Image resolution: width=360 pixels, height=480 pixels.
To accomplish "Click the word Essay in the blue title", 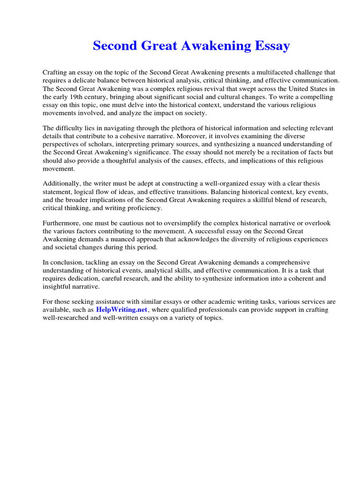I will click(272, 46).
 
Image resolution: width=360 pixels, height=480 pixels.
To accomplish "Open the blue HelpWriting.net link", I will click(121, 310).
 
